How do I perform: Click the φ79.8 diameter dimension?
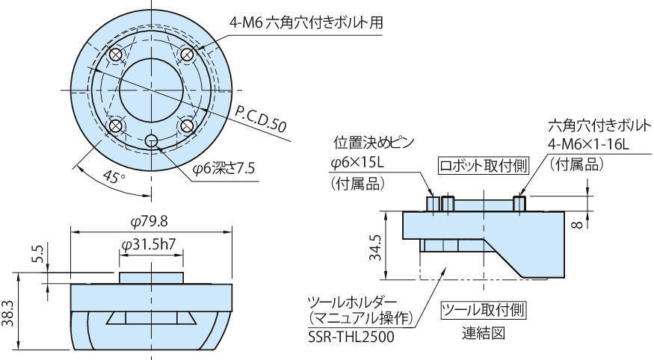pos(150,222)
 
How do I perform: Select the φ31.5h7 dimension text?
pos(151,244)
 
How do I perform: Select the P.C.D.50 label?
pos(261,119)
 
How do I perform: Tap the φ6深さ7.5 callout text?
pos(223,169)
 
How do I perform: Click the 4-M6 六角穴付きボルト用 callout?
pos(306,23)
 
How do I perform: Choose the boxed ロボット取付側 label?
pos(484,165)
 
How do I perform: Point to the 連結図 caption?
pos(483,333)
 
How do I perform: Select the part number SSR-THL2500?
pos(351,337)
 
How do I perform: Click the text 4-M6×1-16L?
pos(589,144)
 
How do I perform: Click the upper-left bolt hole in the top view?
pos(116,56)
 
